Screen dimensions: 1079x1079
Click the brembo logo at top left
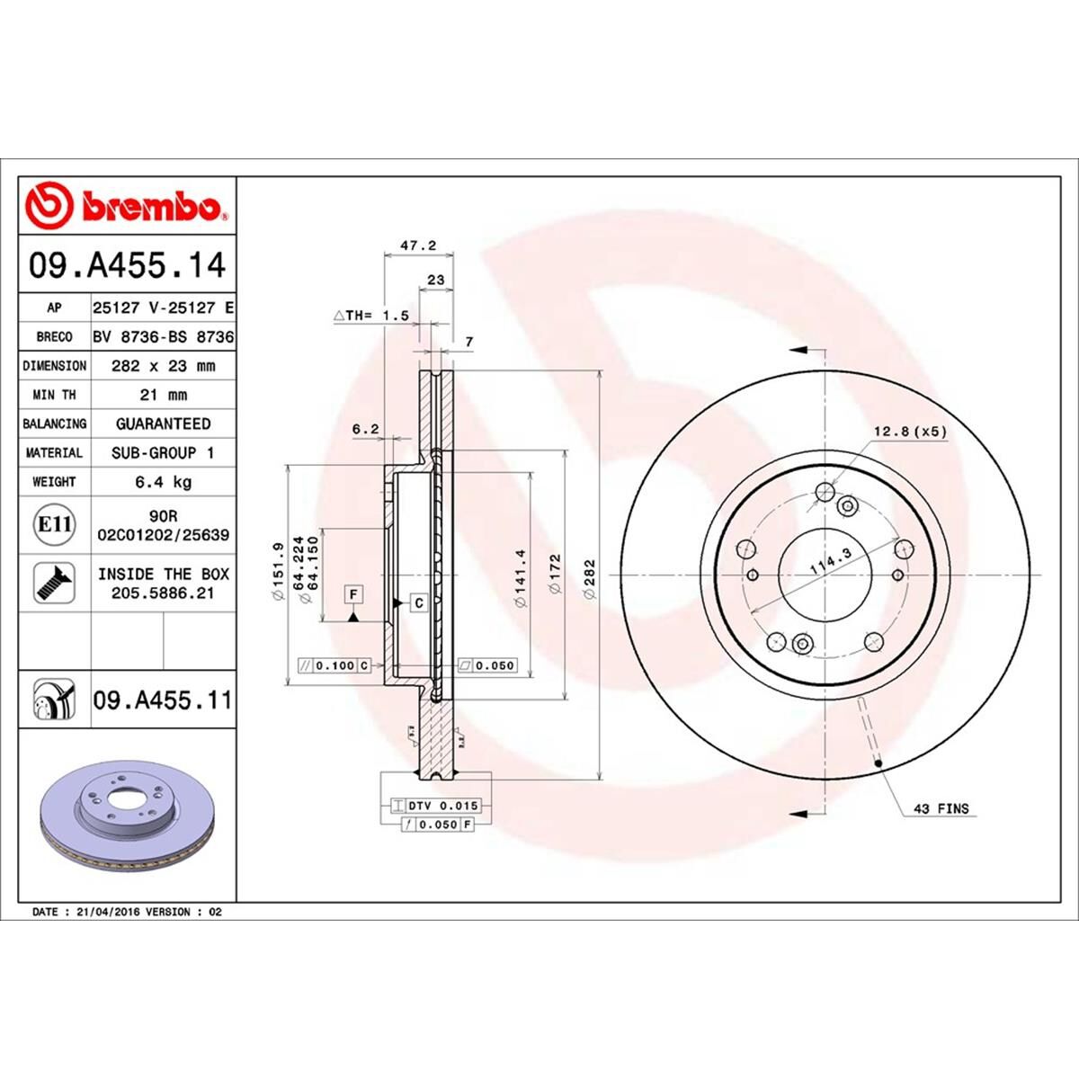(126, 206)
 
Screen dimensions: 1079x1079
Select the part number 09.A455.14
(127, 266)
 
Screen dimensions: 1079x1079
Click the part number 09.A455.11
(162, 700)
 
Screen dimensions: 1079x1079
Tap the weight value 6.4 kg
(163, 482)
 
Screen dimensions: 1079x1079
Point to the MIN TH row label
(55, 395)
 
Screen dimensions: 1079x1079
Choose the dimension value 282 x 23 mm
(163, 366)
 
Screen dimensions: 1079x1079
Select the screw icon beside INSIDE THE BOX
(54, 584)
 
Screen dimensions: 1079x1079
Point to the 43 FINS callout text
(941, 808)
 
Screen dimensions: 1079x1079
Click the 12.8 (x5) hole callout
(910, 432)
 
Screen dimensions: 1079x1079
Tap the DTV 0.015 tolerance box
(436, 806)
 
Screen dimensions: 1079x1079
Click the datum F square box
(354, 594)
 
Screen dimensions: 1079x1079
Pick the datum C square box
(418, 603)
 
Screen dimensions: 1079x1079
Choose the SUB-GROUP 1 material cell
(163, 453)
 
